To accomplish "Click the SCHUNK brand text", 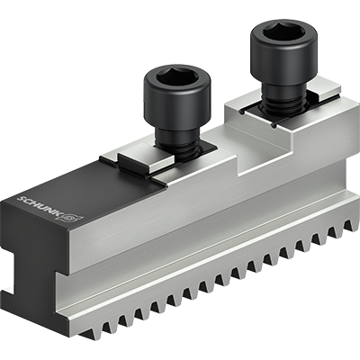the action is [40, 206].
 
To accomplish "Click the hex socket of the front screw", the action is [178, 76].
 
